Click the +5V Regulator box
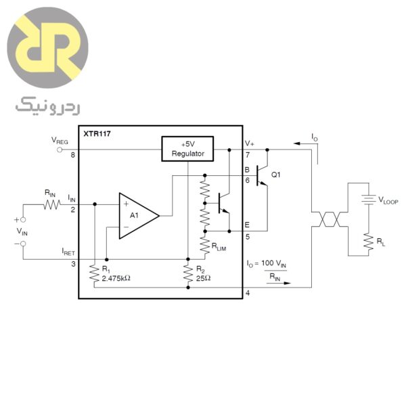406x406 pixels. [x=186, y=149]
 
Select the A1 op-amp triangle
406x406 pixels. [x=137, y=216]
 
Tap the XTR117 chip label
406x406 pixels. [x=97, y=134]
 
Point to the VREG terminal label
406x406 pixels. [x=60, y=141]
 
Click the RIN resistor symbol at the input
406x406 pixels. [x=51, y=204]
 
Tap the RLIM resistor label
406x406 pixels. [x=221, y=247]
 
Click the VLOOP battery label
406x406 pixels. [x=390, y=200]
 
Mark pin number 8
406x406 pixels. [x=72, y=155]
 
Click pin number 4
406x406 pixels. [x=247, y=293]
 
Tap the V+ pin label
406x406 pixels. [x=249, y=143]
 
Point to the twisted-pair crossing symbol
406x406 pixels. [x=328, y=219]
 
